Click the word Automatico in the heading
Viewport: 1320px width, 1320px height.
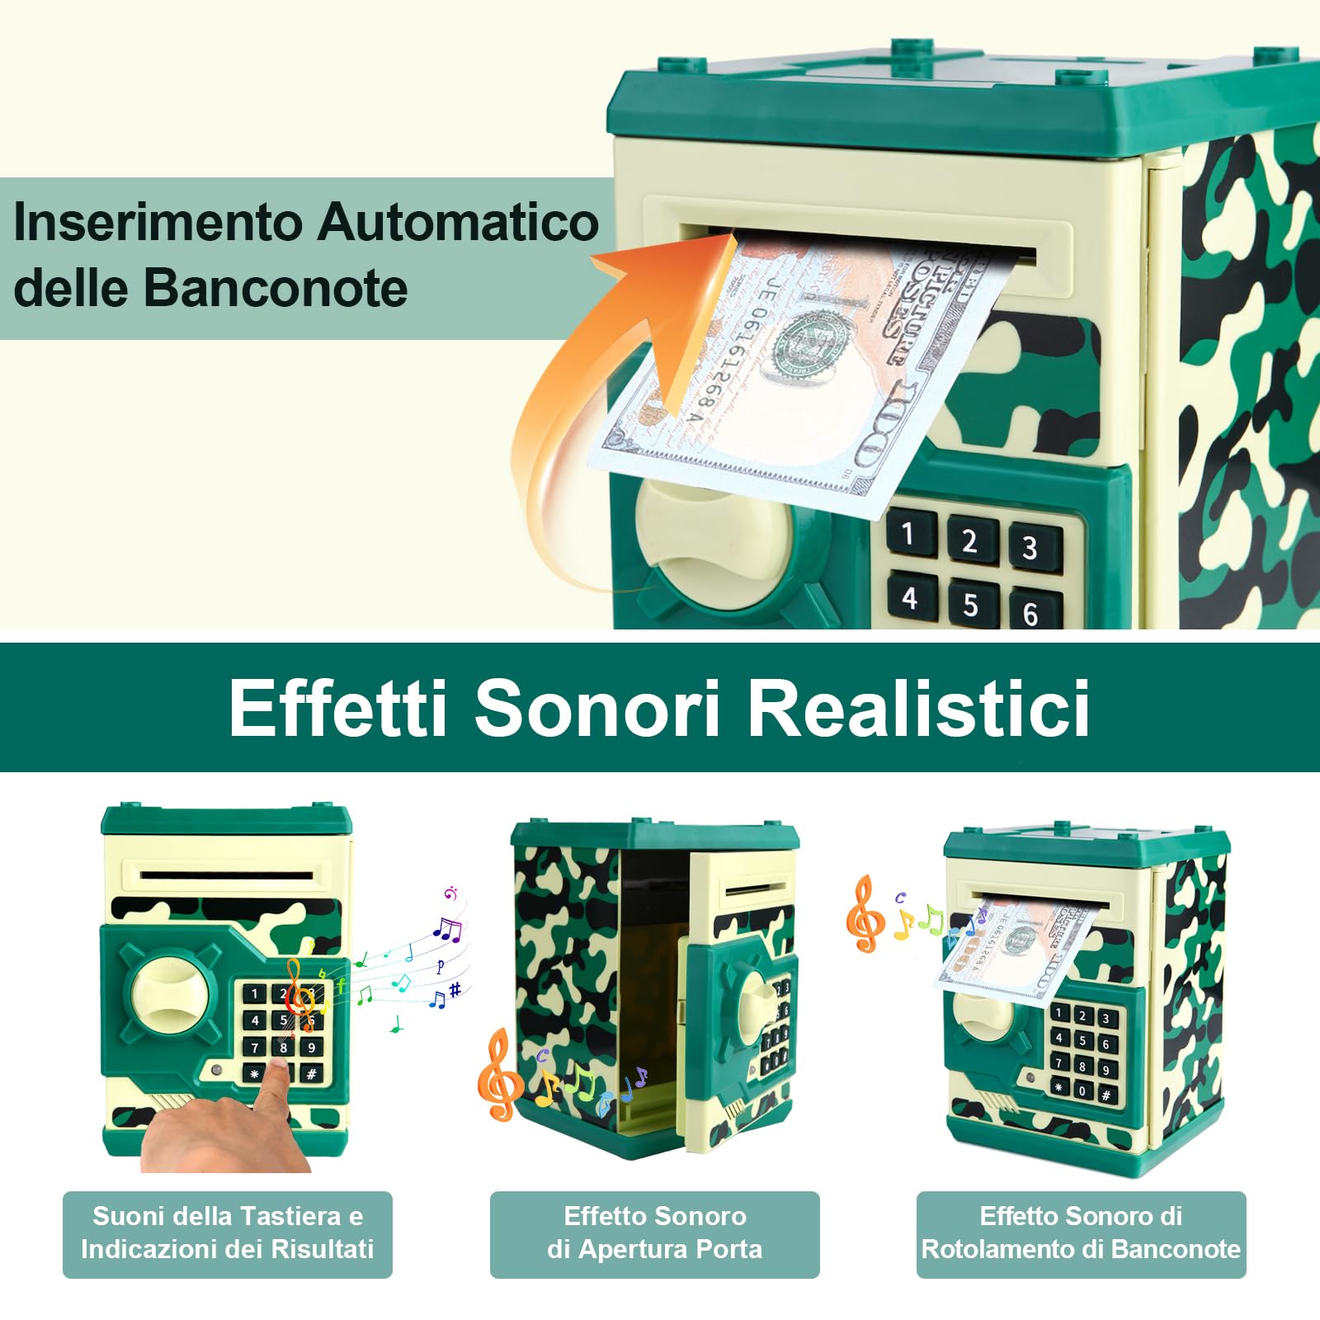(458, 223)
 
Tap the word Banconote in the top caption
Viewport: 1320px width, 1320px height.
(276, 288)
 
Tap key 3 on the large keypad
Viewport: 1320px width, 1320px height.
(1030, 548)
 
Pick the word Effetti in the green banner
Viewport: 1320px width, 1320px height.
(338, 708)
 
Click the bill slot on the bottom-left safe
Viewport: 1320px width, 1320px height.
(227, 874)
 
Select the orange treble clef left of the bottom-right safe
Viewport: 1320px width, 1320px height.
(864, 914)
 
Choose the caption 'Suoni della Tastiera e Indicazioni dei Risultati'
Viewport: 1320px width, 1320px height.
(227, 1233)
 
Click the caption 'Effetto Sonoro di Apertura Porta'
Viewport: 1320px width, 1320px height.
(654, 1233)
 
